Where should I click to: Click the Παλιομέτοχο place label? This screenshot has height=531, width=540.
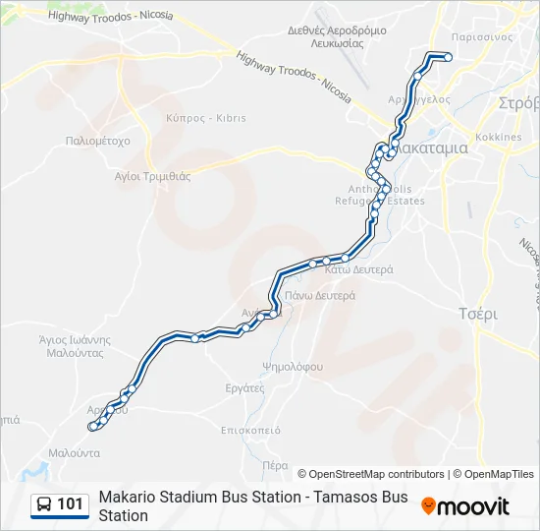(97, 141)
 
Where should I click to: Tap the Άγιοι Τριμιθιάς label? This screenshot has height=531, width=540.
(152, 176)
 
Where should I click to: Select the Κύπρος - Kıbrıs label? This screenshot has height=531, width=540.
(206, 118)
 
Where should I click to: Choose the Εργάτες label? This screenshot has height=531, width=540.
(244, 388)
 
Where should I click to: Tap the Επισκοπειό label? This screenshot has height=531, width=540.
(251, 430)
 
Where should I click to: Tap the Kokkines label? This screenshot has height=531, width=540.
(498, 137)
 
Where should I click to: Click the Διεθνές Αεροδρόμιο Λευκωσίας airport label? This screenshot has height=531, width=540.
(326, 36)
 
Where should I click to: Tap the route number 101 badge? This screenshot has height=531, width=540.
(70, 504)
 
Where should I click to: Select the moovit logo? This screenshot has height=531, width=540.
(465, 506)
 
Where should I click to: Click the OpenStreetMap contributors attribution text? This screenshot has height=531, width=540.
(371, 474)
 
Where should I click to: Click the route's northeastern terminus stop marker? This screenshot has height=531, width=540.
(448, 57)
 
